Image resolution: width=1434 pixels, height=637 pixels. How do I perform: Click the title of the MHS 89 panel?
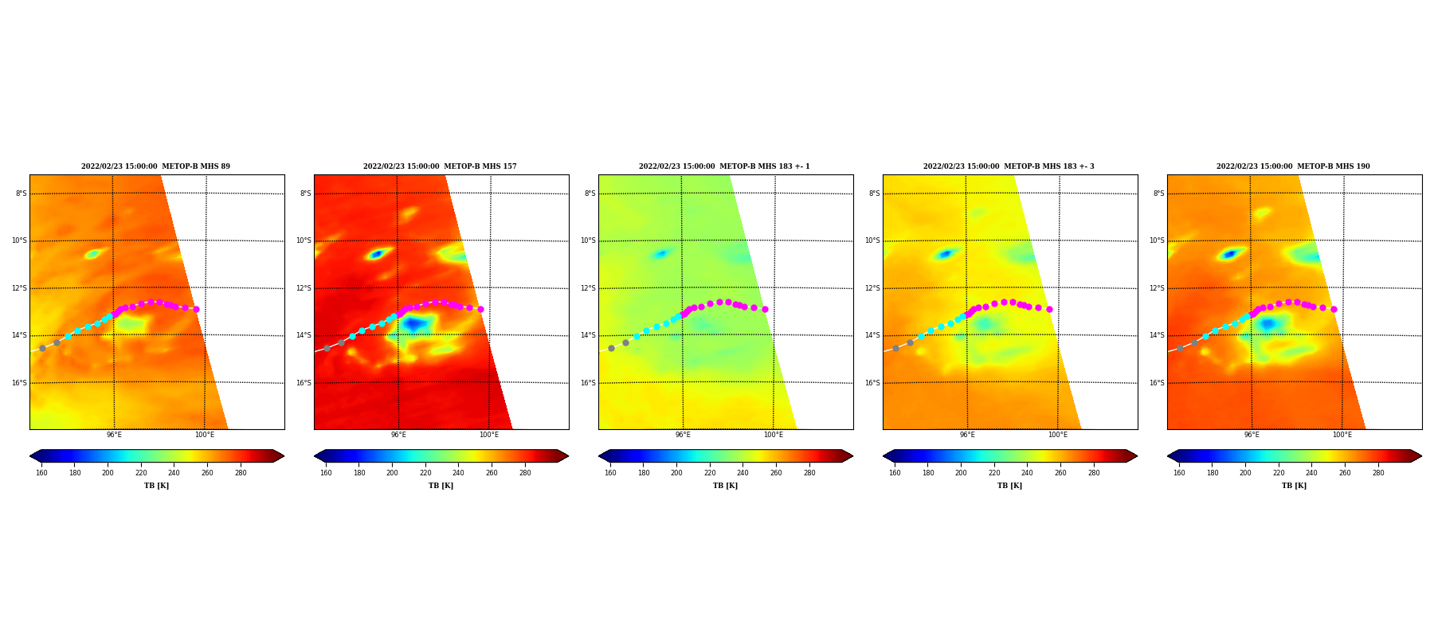pos(155,166)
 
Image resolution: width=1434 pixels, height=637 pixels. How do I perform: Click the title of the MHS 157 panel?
pos(440,166)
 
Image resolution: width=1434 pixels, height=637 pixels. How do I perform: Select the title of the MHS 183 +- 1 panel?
pos(724,166)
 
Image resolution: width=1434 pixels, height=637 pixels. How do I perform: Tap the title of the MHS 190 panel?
pos(1293,166)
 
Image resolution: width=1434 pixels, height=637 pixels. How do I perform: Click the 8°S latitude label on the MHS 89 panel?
pos(21,193)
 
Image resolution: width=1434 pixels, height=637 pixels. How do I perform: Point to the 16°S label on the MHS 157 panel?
pos(304,383)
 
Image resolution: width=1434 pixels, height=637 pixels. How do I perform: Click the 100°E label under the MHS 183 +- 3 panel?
pos(1057,435)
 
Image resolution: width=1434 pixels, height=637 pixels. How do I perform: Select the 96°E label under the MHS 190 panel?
pos(1252,435)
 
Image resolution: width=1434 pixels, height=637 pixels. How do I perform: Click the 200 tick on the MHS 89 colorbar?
pos(108,473)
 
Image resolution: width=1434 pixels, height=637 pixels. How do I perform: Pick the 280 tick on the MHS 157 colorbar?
pos(525,473)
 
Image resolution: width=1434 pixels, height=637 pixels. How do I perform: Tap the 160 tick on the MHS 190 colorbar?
pos(1179,473)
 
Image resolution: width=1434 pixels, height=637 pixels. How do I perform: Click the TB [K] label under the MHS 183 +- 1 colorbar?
pos(725,486)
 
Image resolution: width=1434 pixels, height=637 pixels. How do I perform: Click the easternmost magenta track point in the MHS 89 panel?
pos(196,309)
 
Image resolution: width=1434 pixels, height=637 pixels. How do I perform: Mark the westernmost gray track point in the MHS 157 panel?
pos(327,348)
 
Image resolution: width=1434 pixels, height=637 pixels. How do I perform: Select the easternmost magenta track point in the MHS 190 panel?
pos(1334,309)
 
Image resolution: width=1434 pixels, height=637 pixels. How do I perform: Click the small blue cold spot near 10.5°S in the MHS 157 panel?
pos(376,254)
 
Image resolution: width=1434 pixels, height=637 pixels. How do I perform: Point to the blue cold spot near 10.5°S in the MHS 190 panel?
pos(1230,254)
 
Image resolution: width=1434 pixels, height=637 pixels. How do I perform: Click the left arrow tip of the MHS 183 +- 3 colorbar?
pos(884,456)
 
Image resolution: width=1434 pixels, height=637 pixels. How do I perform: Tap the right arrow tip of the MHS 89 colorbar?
pos(284,456)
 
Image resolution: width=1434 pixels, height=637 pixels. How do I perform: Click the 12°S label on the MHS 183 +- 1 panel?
pos(588,288)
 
